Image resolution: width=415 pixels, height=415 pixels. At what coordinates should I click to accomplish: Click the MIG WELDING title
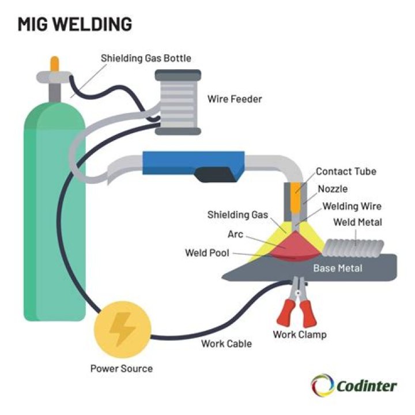75,24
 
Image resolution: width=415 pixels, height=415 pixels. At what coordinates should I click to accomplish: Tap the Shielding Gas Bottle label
146,58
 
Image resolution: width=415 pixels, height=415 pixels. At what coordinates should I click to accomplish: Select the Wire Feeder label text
235,99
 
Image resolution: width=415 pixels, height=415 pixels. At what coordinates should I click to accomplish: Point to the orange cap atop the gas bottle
54,63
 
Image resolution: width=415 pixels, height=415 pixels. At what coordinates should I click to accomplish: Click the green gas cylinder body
54,207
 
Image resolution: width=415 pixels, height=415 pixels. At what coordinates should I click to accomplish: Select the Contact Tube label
346,171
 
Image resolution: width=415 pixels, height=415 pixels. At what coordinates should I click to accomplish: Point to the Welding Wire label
352,206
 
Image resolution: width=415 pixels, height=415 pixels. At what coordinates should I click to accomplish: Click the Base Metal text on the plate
338,269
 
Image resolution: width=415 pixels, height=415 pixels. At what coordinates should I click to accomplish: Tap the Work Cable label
227,344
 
